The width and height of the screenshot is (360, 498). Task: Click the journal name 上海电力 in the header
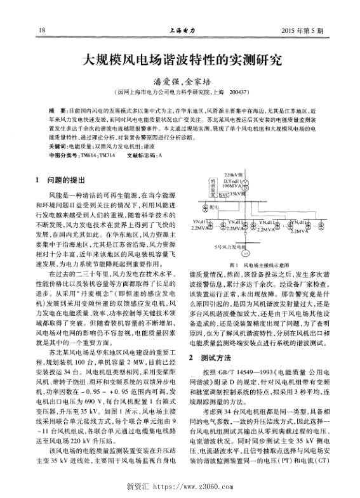[181, 30]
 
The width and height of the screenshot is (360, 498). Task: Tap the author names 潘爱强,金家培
[180, 82]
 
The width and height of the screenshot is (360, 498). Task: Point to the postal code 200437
[237, 91]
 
